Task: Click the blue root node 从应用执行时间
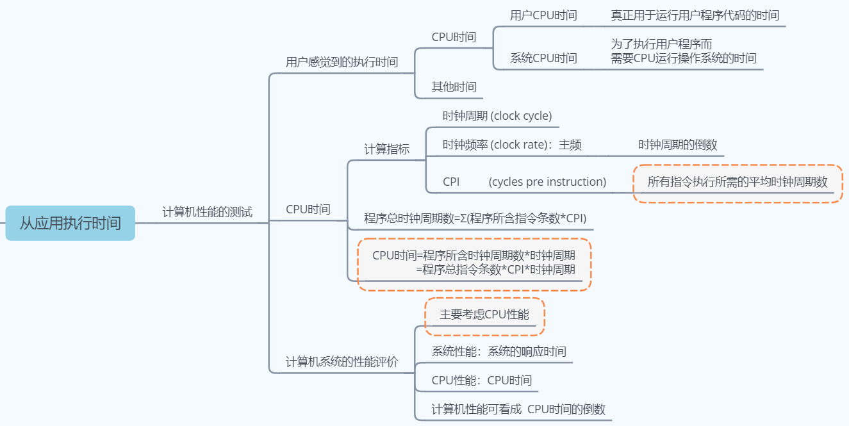point(70,223)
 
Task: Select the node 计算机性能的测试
point(207,212)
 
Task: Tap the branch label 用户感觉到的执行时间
point(342,62)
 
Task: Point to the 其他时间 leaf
point(454,86)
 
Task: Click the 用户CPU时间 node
point(543,15)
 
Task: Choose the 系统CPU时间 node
point(543,58)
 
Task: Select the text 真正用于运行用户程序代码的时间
point(695,15)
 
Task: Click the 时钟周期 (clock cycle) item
point(497,116)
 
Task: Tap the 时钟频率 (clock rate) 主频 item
point(512,145)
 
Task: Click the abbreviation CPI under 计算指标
point(451,182)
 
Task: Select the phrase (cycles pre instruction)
point(547,182)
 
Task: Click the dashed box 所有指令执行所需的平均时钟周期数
point(738,183)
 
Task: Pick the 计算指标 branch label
point(386,149)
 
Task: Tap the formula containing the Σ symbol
point(475,218)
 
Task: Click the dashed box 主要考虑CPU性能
point(484,315)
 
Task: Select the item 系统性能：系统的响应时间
point(499,352)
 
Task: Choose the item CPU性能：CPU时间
point(481,381)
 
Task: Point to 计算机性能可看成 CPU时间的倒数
point(518,409)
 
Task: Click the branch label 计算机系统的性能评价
point(342,362)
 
